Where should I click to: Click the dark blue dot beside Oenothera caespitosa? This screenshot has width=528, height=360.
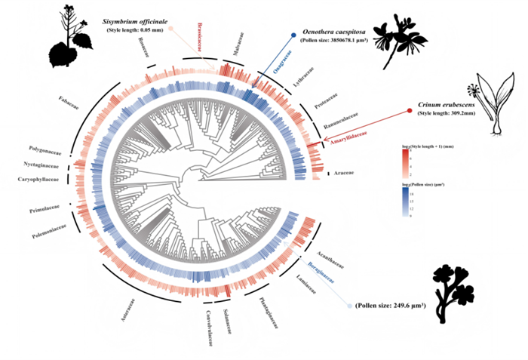pos(292,35)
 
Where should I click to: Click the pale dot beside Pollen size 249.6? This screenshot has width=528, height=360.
pos(349,306)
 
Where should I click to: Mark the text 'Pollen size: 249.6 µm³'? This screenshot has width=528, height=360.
pos(393,305)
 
